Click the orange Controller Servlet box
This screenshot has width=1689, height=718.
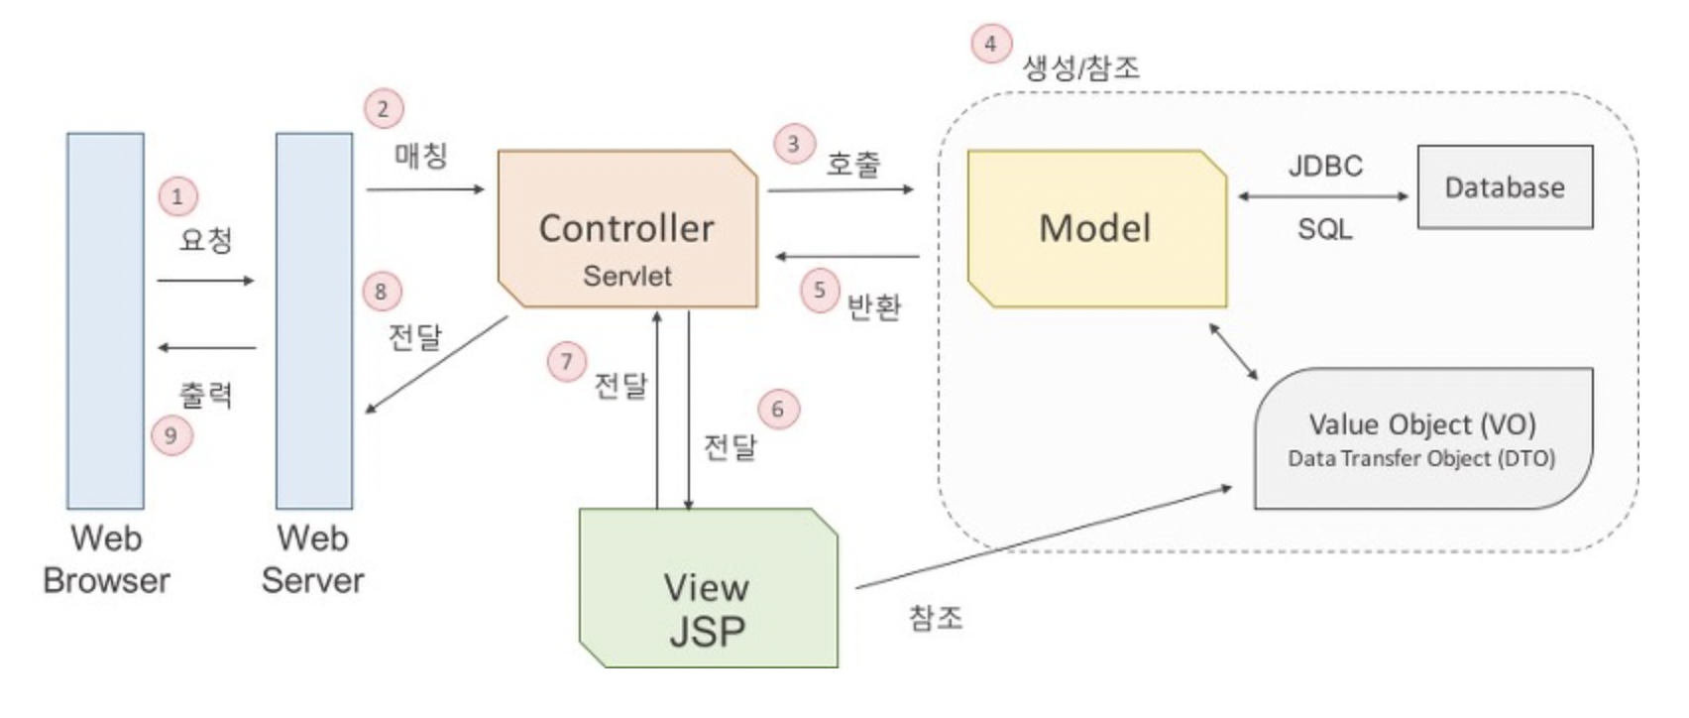626,228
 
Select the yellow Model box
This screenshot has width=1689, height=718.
1095,228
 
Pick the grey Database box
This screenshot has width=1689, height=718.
1505,187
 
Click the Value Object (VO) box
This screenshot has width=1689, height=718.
1422,438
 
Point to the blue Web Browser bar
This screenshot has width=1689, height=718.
105,320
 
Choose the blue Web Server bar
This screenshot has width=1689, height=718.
313,320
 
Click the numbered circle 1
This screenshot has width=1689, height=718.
177,196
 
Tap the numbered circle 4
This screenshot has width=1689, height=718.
990,44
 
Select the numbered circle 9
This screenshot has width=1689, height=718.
171,435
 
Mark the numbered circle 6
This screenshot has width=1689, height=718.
778,410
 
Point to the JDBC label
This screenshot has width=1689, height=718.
1325,166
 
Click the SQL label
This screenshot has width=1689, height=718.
1325,229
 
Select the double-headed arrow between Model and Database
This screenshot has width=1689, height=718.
1323,196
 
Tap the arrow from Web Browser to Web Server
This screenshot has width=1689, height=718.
205,281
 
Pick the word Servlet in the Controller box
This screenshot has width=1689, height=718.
626,276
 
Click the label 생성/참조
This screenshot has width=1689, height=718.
1081,67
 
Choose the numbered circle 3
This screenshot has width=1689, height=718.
793,145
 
